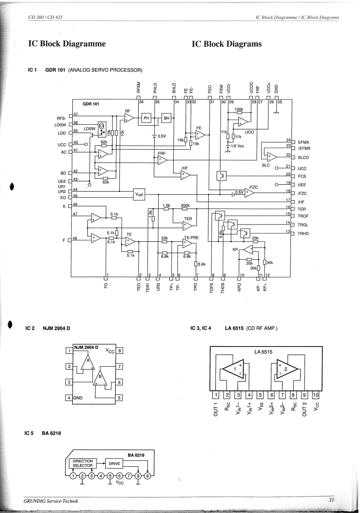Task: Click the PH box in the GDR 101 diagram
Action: click(147, 118)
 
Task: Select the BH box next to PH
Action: click(166, 118)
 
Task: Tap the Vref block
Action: click(139, 194)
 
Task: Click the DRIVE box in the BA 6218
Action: click(114, 463)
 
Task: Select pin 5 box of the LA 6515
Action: click(260, 395)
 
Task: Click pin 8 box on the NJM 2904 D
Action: click(119, 351)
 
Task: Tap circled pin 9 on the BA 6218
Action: click(147, 476)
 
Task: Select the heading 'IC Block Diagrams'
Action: click(227, 44)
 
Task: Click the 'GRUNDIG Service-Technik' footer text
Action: click(44, 502)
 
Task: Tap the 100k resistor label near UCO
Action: click(238, 110)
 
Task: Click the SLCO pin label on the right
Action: click(304, 157)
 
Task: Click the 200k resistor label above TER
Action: click(185, 206)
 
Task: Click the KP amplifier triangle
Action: click(247, 249)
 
